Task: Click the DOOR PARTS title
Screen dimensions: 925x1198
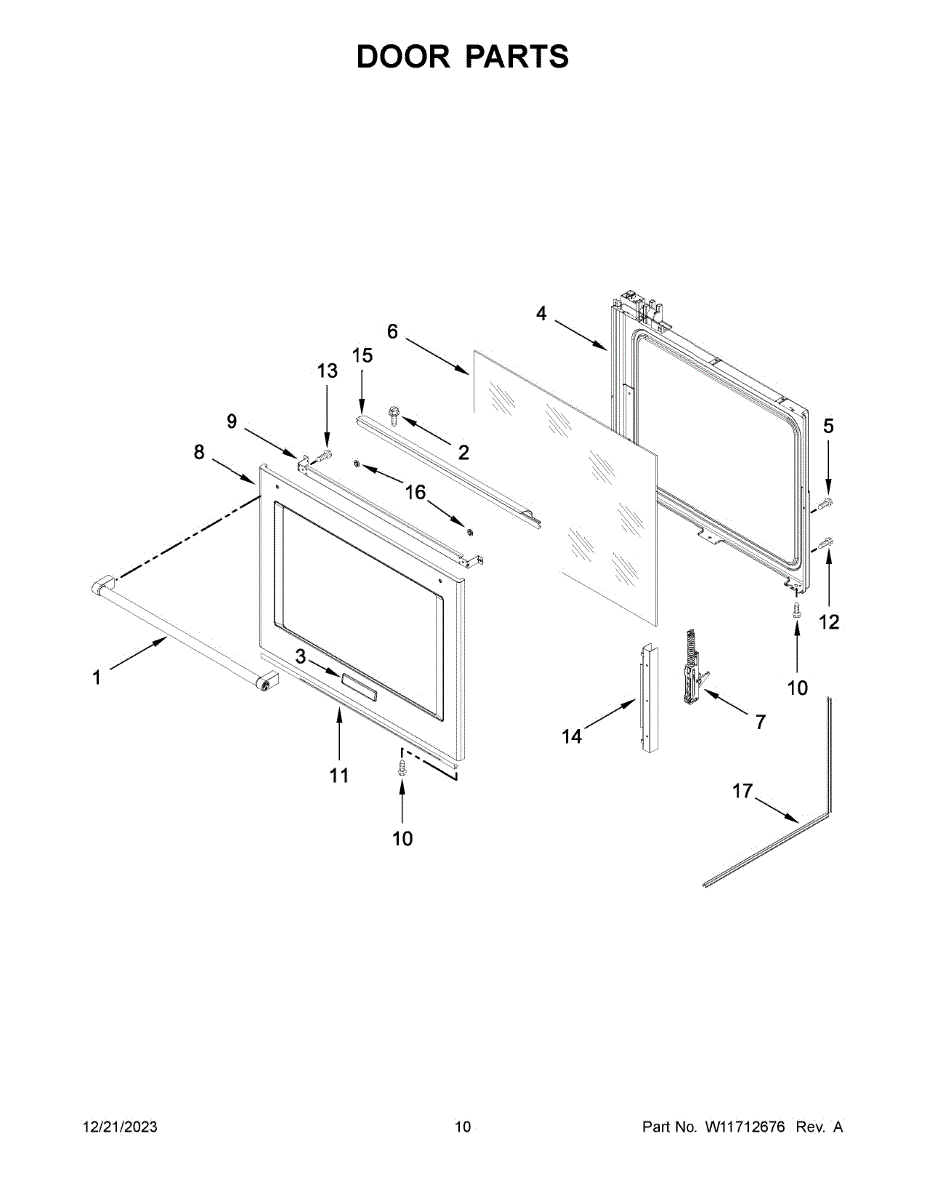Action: [462, 57]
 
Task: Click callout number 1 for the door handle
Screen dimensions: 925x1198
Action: [97, 678]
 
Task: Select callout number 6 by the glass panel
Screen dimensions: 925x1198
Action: [392, 331]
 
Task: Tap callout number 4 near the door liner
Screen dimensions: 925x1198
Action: [541, 314]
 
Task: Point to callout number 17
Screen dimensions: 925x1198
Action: [742, 791]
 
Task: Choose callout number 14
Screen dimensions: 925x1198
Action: [571, 737]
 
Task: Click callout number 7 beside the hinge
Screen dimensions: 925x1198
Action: [760, 721]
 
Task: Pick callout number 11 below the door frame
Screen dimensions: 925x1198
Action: [340, 775]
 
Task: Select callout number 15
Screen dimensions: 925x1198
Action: [362, 356]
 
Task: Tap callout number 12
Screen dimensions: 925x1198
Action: [829, 622]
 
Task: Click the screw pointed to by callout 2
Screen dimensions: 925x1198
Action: [393, 411]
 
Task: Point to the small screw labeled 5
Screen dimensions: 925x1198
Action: [826, 503]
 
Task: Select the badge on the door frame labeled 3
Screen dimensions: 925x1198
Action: [358, 687]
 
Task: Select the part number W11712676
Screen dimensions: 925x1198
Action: [745, 1127]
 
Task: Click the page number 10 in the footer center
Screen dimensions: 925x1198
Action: [462, 1127]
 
